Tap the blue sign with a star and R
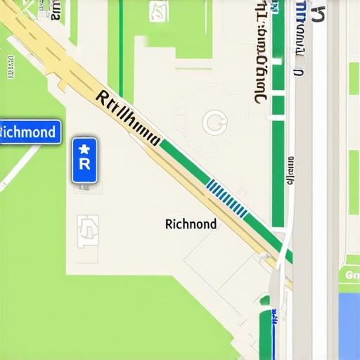tap(84, 160)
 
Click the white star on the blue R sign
tap(84, 148)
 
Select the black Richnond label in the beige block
tap(191, 224)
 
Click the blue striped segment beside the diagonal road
tap(226, 198)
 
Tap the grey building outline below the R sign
tap(88, 231)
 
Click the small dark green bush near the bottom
tap(265, 301)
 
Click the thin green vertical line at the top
tap(121, 42)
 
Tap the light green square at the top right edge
tap(354, 77)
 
